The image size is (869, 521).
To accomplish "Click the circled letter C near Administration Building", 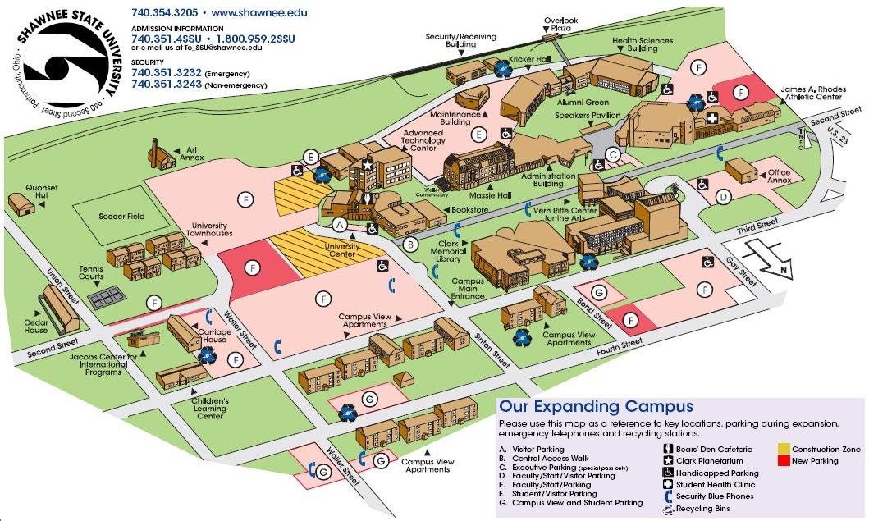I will (613, 153).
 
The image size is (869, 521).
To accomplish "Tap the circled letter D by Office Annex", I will (723, 197).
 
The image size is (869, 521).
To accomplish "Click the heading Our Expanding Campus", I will (597, 406).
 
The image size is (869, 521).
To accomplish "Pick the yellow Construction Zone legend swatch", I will (784, 450).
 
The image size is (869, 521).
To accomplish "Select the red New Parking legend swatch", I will (784, 461).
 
